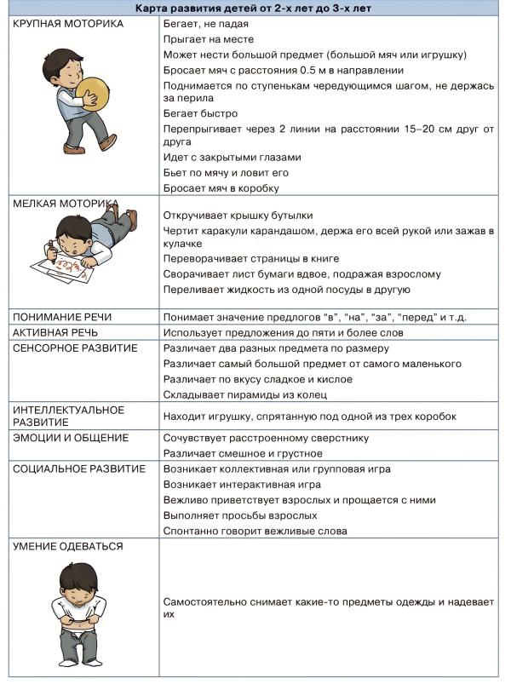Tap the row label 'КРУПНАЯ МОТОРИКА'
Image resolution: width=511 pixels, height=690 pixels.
coord(68,24)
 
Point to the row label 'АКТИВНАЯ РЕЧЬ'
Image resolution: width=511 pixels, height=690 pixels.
coord(56,332)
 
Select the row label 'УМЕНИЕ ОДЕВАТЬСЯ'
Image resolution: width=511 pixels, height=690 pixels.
coord(68,547)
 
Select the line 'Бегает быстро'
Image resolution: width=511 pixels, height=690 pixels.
coord(200,113)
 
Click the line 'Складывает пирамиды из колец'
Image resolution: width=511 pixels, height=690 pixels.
coord(245,395)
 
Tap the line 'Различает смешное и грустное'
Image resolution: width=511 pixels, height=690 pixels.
coord(243,454)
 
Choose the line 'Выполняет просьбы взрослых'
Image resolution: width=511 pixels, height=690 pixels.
coord(240,515)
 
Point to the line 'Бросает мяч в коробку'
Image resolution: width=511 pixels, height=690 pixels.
coord(221,188)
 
